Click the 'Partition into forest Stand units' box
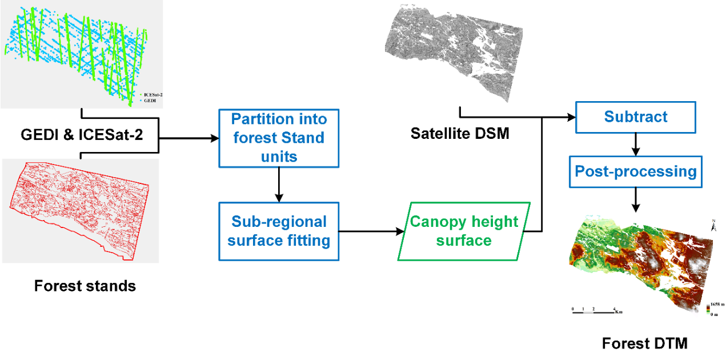click(x=278, y=138)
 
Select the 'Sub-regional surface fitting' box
click(x=279, y=231)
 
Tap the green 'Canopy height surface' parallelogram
click(x=463, y=231)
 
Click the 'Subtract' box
click(x=635, y=117)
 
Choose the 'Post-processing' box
click(x=635, y=171)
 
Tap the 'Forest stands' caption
click(x=85, y=286)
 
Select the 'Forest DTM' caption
click(x=645, y=343)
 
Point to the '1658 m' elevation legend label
click(x=717, y=306)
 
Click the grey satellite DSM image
click(x=454, y=54)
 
